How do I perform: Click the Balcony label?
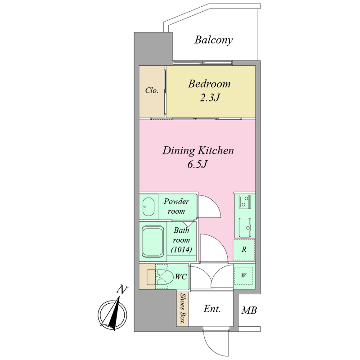(213, 40)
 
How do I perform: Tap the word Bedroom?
(209, 84)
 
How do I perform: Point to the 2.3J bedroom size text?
(210, 98)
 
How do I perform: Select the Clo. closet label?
(152, 90)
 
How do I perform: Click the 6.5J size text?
(198, 164)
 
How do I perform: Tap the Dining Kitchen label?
(198, 151)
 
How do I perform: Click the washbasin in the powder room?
(148, 207)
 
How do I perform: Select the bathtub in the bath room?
(153, 242)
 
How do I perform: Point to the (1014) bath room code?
(181, 249)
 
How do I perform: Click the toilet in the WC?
(160, 276)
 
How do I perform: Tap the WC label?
(181, 277)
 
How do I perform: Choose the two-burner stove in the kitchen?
(245, 202)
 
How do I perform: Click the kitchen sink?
(245, 228)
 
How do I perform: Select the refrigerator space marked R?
(244, 250)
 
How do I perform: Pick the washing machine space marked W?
(244, 275)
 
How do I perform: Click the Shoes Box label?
(183, 309)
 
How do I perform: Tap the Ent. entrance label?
(212, 309)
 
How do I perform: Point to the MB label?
(249, 310)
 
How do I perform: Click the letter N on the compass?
(121, 290)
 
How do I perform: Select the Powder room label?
(176, 206)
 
